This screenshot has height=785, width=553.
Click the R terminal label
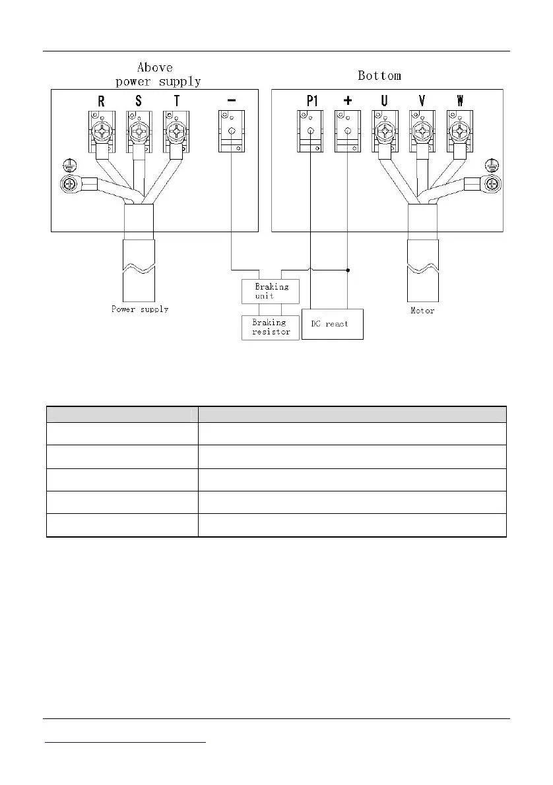click(x=101, y=102)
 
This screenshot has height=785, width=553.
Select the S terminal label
click(x=138, y=102)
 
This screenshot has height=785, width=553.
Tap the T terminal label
click(x=176, y=102)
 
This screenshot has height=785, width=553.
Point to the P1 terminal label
click(x=311, y=102)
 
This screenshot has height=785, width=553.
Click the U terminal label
click(x=384, y=102)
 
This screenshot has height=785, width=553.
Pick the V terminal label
click(x=422, y=102)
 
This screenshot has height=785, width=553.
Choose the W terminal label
click(x=459, y=102)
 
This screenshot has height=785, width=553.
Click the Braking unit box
click(x=271, y=292)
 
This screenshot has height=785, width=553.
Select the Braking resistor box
click(x=271, y=327)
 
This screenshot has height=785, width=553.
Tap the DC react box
click(x=332, y=324)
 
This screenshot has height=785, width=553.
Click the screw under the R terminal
click(x=101, y=131)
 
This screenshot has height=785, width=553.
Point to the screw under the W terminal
click(x=459, y=131)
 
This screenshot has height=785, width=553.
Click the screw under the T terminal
click(x=176, y=131)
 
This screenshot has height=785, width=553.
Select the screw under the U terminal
click(x=384, y=131)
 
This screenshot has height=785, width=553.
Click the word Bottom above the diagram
click(x=379, y=76)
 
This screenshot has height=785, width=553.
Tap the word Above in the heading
click(x=154, y=67)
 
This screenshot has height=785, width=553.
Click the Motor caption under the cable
click(x=422, y=310)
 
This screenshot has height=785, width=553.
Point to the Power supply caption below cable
click(x=139, y=309)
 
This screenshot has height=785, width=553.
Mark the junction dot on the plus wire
click(x=348, y=270)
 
